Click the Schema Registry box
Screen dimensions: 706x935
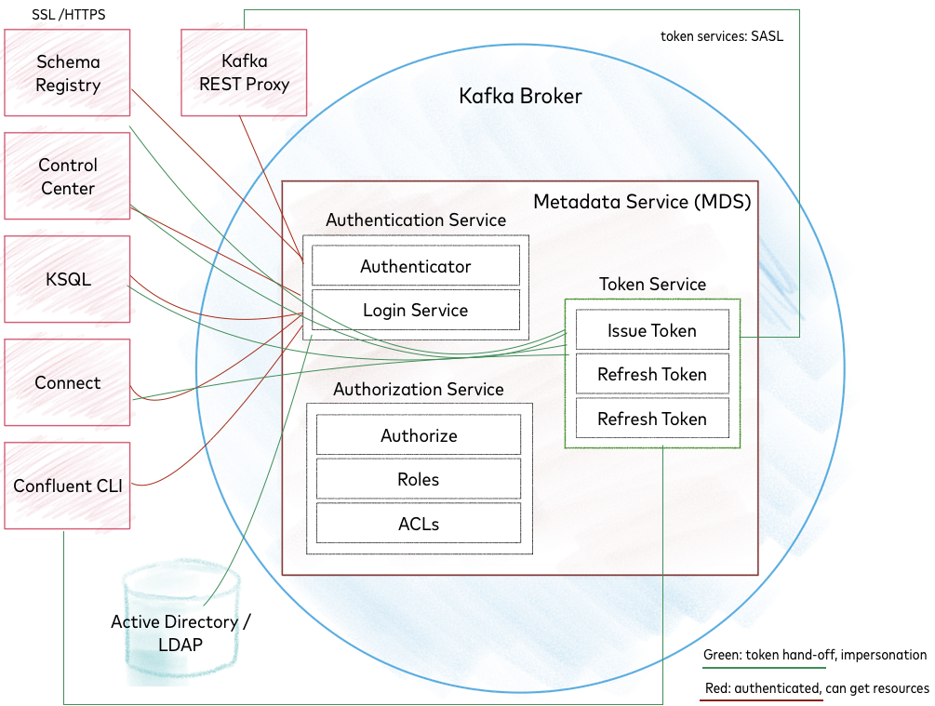(67, 73)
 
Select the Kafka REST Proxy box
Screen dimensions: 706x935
(244, 73)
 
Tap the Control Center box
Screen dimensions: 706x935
(67, 177)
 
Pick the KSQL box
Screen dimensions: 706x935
(67, 280)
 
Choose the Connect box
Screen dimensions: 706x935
(67, 383)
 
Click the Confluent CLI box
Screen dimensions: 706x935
(67, 486)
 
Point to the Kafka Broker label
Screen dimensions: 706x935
(520, 96)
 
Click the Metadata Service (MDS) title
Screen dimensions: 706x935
(642, 201)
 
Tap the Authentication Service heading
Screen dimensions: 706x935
(416, 220)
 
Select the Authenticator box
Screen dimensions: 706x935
(416, 266)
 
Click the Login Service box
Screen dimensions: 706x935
(416, 310)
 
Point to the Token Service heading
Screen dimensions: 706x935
(652, 285)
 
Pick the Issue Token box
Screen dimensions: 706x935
(652, 330)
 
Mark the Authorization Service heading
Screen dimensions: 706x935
(419, 390)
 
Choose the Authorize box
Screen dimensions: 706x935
(419, 435)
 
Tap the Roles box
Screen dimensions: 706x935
(419, 480)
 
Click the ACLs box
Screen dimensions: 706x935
(419, 524)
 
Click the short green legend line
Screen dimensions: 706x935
(764, 668)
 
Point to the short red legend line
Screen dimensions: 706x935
(761, 700)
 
